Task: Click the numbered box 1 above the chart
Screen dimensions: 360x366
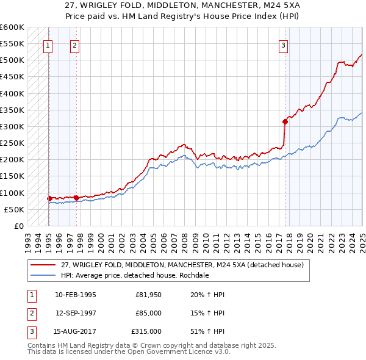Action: pyautogui.click(x=48, y=45)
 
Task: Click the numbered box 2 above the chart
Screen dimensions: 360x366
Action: pyautogui.click(x=74, y=45)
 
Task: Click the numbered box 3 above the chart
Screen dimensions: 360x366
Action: pyautogui.click(x=284, y=45)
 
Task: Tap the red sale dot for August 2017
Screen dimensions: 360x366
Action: pyautogui.click(x=285, y=121)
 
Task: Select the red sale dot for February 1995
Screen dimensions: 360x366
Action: pyautogui.click(x=49, y=198)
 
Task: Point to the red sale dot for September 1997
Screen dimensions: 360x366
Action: pyautogui.click(x=76, y=197)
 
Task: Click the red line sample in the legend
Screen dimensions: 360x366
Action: pyautogui.click(x=45, y=265)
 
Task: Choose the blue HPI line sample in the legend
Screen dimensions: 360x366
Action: pyautogui.click(x=45, y=275)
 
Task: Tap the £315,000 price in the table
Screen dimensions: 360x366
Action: pyautogui.click(x=146, y=331)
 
